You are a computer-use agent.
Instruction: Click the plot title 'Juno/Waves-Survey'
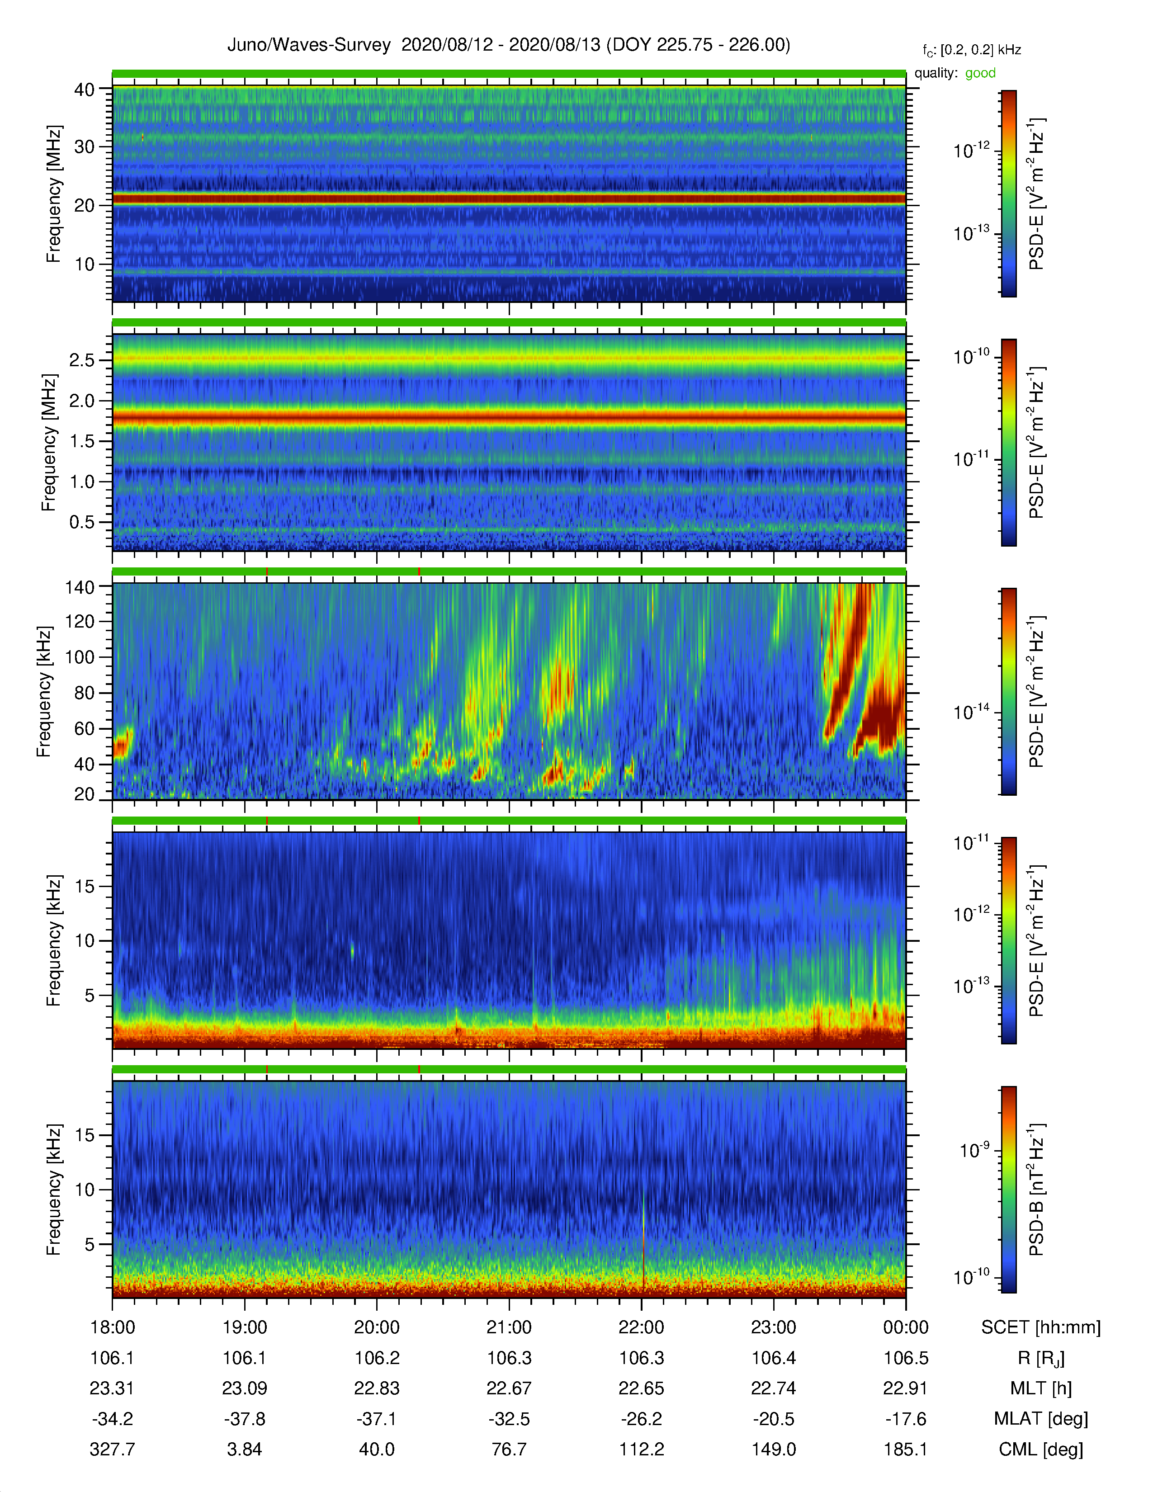tap(309, 45)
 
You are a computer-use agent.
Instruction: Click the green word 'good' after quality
tap(980, 73)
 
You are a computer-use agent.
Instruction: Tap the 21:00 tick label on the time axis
tap(509, 1327)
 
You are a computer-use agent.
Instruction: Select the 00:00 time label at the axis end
tap(906, 1327)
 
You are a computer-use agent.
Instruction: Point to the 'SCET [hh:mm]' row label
tap(1041, 1327)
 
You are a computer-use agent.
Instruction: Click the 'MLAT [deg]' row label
tap(1041, 1419)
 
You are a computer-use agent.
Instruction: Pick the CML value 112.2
tap(642, 1449)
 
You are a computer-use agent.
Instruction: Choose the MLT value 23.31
tap(112, 1388)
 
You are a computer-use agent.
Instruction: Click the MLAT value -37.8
tap(245, 1419)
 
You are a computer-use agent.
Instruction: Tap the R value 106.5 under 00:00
tap(906, 1358)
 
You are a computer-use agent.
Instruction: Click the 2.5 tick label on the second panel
tap(82, 360)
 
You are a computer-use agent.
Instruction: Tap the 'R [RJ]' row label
tap(1041, 1358)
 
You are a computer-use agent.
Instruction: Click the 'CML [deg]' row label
tap(1041, 1449)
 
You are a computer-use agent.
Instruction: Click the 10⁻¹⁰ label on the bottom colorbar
tap(971, 1275)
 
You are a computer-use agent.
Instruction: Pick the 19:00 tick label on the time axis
tap(245, 1327)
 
